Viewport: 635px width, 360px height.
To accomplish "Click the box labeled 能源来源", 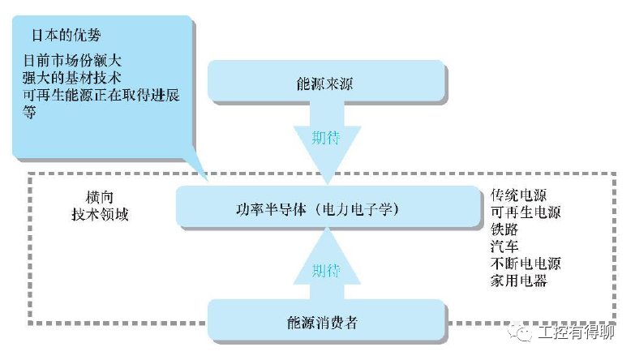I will (x=327, y=84).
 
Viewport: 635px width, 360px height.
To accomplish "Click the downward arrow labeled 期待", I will (x=326, y=144).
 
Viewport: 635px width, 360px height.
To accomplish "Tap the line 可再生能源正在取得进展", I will (x=101, y=96).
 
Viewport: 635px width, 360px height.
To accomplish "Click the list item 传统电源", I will (x=518, y=195).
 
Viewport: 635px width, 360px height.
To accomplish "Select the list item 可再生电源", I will (x=526, y=212).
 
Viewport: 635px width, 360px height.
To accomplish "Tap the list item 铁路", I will (x=504, y=229).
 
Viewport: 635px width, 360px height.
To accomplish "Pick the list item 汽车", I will (x=504, y=246).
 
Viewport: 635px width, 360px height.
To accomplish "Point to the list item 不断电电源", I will (x=526, y=264).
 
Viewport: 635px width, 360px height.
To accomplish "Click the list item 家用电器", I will (x=518, y=281).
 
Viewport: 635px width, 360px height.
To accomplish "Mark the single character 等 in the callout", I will (x=30, y=113).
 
